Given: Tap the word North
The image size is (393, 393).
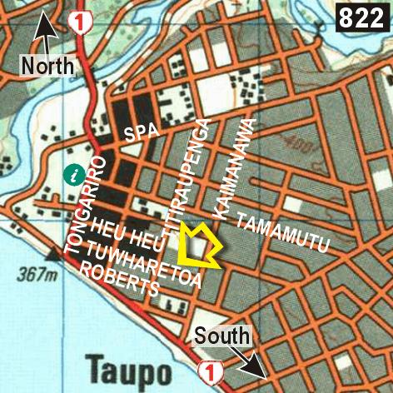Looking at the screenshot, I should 47,65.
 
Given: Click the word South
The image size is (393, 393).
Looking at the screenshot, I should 222,336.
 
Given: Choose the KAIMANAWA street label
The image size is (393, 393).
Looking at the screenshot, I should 234,168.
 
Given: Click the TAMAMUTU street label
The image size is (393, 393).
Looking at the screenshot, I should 283,232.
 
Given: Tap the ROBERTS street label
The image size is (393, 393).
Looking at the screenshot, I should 120,282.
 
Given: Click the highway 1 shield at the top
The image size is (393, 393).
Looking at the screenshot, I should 81,22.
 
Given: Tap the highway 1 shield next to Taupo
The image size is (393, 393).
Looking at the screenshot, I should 210,371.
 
